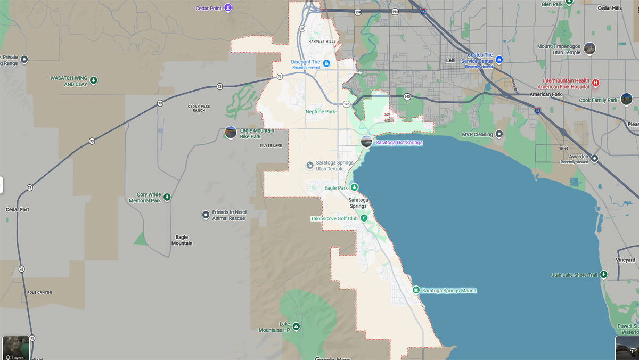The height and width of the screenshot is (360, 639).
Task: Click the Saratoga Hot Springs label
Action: point(399,143)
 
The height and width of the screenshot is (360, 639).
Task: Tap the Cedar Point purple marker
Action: point(228,8)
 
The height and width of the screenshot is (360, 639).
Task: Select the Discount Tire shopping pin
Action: point(326,63)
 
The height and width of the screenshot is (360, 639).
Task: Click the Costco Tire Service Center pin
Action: point(499,60)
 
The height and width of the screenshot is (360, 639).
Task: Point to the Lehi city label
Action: point(451,60)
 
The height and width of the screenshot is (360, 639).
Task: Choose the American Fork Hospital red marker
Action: point(595,83)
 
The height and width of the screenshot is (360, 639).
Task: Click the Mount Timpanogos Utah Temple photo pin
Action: point(589,48)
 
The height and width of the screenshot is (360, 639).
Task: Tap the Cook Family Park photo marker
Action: point(626,99)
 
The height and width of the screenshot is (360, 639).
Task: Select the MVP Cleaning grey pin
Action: point(499,134)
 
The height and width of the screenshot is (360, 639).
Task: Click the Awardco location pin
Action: point(594,158)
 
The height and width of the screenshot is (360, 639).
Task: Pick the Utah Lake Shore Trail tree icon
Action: point(603,275)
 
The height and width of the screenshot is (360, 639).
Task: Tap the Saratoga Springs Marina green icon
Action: point(416,290)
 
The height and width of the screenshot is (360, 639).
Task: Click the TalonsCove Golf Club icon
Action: point(364,218)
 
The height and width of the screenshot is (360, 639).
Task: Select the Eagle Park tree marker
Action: point(354,187)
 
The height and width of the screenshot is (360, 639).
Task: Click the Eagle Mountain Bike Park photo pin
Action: point(231,132)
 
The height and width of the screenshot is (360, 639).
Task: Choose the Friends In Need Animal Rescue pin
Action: point(206,215)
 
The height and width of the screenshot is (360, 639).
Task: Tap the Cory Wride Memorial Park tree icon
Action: point(167,198)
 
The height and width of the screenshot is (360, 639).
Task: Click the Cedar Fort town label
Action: point(18,210)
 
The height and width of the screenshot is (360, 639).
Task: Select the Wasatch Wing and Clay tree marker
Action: point(94,80)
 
